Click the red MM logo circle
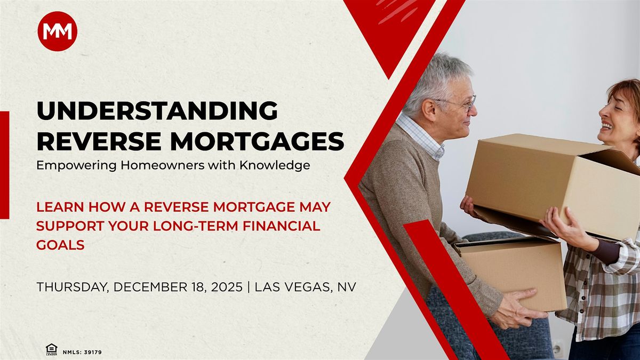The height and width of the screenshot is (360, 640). [57, 31]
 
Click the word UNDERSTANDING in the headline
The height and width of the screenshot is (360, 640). [157, 111]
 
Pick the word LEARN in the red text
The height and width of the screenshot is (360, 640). [59, 206]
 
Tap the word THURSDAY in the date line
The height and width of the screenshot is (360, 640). [73, 287]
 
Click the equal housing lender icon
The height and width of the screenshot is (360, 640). [51, 349]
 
